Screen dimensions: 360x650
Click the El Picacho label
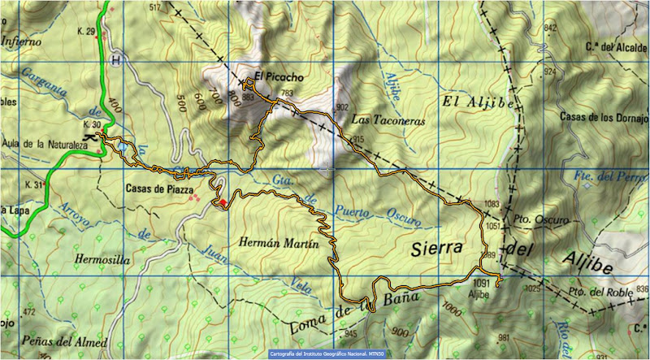pos(279,77)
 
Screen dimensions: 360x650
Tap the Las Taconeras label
pos(388,119)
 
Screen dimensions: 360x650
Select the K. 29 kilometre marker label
pos(85,32)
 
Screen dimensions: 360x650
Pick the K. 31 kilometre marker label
pos(33,185)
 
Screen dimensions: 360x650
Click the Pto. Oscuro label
pos(535,219)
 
